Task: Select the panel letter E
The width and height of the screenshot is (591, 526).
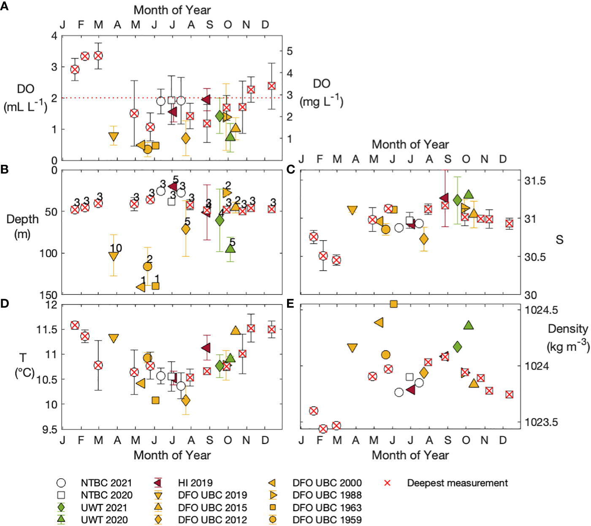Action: pyautogui.click(x=290, y=304)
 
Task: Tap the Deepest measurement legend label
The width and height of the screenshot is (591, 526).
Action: pyautogui.click(x=457, y=483)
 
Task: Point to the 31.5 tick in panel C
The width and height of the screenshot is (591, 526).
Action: pyautogui.click(x=535, y=181)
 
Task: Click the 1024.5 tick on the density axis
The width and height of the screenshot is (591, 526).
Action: pyautogui.click(x=541, y=310)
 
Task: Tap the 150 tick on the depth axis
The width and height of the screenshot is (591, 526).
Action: pyautogui.click(x=49, y=295)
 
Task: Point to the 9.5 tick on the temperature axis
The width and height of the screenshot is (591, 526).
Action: pyautogui.click(x=49, y=429)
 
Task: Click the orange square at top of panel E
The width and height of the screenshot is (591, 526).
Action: pyautogui.click(x=393, y=304)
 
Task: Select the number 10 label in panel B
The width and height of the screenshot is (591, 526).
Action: pyautogui.click(x=116, y=248)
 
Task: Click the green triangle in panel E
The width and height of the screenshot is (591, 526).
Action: pyautogui.click(x=468, y=325)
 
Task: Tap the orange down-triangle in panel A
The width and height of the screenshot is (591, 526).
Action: pyautogui.click(x=113, y=137)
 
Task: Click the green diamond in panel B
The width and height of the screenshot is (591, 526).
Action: pyautogui.click(x=220, y=220)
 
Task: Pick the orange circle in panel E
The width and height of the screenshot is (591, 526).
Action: pyautogui.click(x=385, y=355)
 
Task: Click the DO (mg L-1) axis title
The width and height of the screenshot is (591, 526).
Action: pyautogui.click(x=321, y=93)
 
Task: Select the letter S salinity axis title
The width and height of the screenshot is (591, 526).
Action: pyautogui.click(x=559, y=240)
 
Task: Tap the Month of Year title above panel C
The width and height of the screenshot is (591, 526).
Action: pyautogui.click(x=410, y=145)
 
